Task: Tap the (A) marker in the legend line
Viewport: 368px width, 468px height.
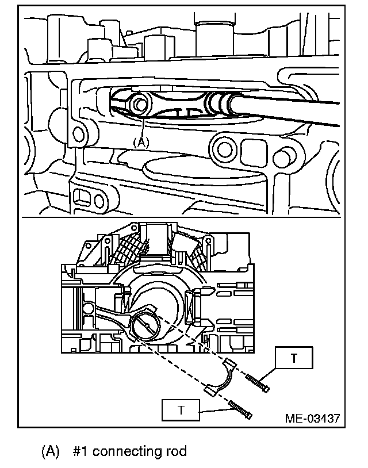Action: pyautogui.click(x=50, y=451)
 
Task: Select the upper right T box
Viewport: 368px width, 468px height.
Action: pyautogui.click(x=294, y=358)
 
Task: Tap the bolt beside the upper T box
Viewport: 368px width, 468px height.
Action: pyautogui.click(x=258, y=383)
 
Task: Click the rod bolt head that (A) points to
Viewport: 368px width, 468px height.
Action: pyautogui.click(x=139, y=104)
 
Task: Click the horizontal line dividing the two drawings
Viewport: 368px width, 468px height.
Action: pyautogui.click(x=184, y=218)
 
